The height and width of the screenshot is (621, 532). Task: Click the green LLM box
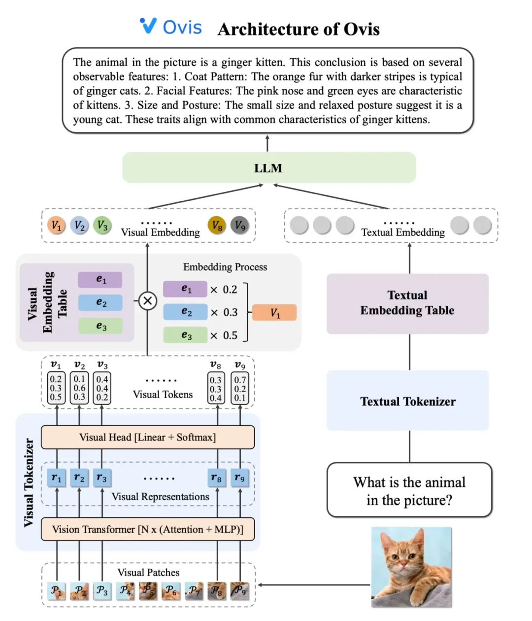268,168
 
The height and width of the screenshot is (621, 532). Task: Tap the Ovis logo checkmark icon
148,25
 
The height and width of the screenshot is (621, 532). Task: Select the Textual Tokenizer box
407,401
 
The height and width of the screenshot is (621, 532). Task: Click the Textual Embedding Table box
407,303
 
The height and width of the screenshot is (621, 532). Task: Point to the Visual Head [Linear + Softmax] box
148,437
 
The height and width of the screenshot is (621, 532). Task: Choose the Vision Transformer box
148,529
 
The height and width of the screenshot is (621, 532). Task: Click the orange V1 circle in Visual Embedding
57,225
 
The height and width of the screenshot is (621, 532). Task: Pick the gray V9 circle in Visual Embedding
240,225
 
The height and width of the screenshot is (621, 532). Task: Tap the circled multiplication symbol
147,301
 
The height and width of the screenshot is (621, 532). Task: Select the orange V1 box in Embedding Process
274,313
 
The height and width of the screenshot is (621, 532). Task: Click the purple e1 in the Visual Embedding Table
100,280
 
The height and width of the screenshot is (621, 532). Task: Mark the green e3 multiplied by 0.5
185,335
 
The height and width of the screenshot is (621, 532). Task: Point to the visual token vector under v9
240,389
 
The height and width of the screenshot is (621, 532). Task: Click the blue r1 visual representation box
57,478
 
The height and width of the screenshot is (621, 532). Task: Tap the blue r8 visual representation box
216,478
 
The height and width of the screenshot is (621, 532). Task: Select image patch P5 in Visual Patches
147,590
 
